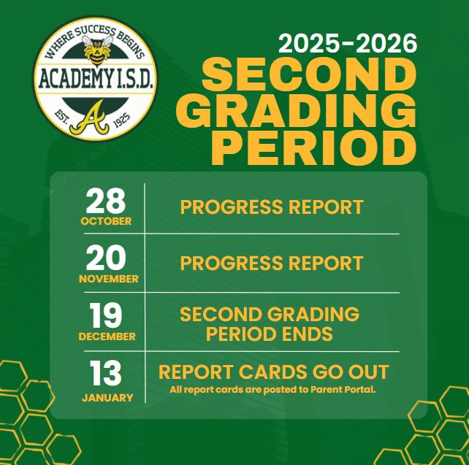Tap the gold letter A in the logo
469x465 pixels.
(93, 116)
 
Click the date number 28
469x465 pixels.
(106, 201)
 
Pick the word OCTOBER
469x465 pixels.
(106, 221)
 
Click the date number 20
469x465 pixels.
(106, 258)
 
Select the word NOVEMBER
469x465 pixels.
(108, 279)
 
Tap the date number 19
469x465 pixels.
(106, 316)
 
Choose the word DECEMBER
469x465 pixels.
(107, 337)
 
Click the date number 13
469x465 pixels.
(106, 374)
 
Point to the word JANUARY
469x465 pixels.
(107, 398)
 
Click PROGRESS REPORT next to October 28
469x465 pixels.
(272, 207)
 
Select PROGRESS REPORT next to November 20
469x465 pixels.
(272, 263)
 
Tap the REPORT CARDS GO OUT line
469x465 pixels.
(273, 372)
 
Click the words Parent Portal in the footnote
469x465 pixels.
(343, 390)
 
